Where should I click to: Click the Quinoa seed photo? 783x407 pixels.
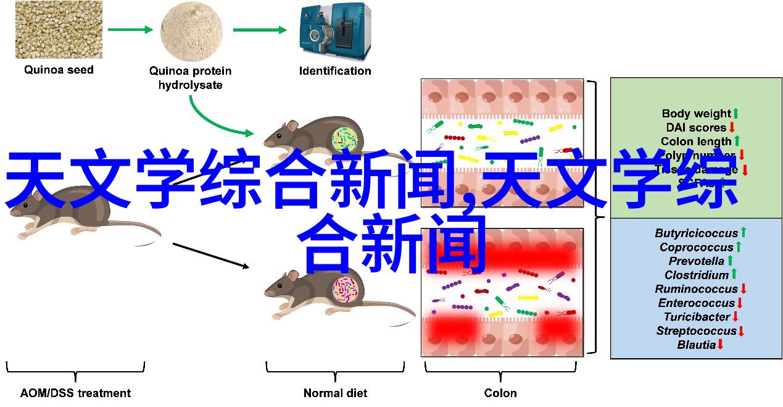[59, 29]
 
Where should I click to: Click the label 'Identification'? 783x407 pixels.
[335, 70]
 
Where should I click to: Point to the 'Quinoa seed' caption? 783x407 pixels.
[59, 70]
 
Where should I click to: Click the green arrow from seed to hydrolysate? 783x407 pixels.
[130, 29]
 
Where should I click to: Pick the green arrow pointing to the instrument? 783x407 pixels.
[260, 29]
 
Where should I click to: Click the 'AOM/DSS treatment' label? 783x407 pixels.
[75, 393]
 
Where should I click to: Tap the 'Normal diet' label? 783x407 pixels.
[335, 393]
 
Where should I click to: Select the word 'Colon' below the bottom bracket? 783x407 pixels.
[500, 393]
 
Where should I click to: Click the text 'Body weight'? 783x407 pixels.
[696, 114]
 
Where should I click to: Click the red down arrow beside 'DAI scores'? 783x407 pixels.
[732, 127]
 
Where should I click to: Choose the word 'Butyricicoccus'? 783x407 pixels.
[696, 233]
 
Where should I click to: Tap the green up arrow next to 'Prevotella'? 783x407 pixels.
[730, 261]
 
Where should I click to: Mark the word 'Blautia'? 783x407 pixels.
[696, 345]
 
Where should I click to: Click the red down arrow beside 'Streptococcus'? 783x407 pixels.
[741, 331]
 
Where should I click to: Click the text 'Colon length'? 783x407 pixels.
[696, 141]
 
